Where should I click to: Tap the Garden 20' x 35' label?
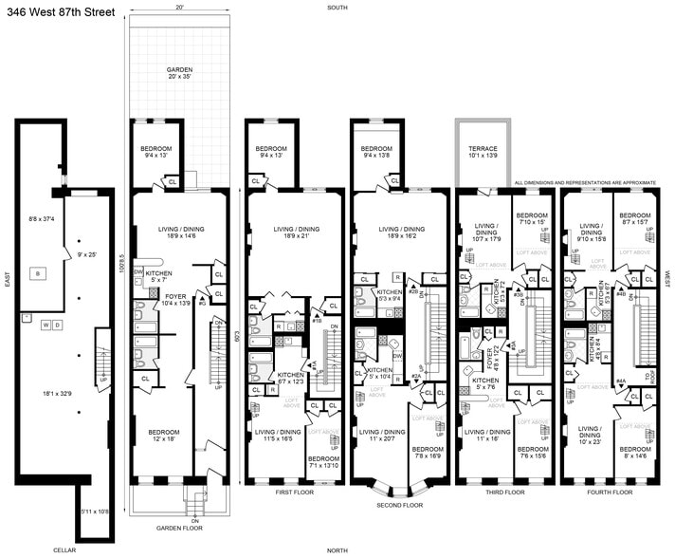[x=180, y=75]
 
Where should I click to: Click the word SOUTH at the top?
[x=336, y=7]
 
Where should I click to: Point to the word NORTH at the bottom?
[x=336, y=550]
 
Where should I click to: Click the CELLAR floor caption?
[x=64, y=549]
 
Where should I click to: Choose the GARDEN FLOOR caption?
[x=180, y=528]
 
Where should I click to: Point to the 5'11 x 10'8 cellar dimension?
[x=94, y=512]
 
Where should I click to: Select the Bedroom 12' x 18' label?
[x=162, y=436]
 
